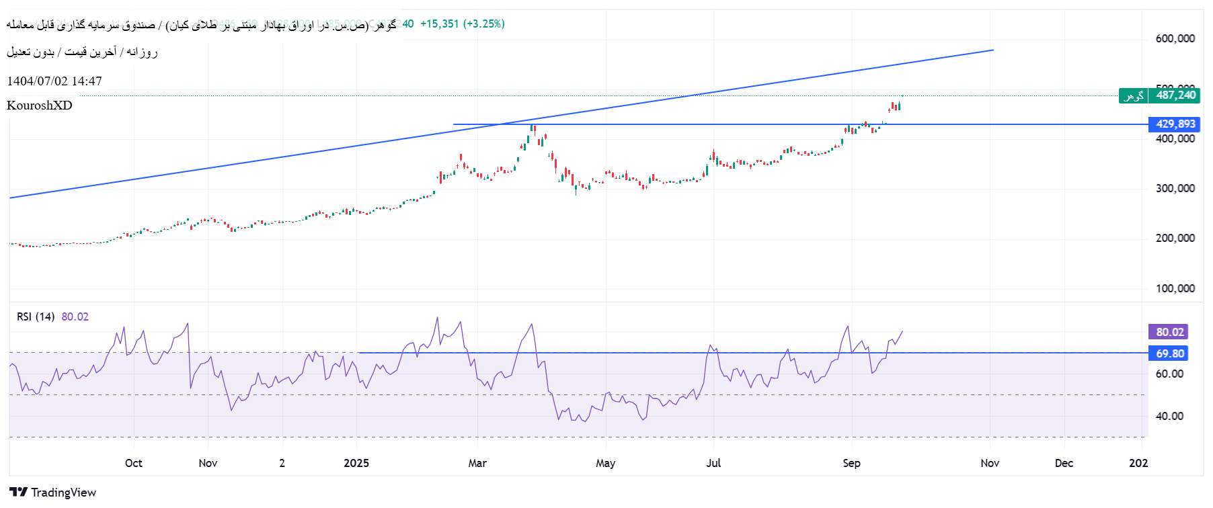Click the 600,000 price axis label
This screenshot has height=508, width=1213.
click(x=1175, y=38)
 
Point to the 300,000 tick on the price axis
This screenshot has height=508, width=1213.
click(x=1175, y=189)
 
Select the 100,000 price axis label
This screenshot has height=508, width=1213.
click(x=1175, y=289)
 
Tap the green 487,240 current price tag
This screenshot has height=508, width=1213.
click(x=1175, y=95)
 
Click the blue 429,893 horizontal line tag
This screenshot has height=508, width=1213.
click(x=1175, y=124)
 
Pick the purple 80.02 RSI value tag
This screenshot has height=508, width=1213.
click(x=1169, y=332)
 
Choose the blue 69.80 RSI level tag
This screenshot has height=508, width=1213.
click(x=1169, y=353)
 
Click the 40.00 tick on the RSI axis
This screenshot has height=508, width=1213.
click(x=1169, y=417)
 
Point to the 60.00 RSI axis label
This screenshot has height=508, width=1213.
click(x=1169, y=374)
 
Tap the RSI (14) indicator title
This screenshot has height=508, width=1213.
click(x=36, y=317)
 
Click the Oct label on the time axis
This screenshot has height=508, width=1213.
click(x=133, y=463)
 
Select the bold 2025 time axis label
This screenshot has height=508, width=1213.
click(x=356, y=463)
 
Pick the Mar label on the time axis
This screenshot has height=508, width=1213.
click(x=477, y=463)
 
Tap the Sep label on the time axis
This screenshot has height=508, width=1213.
click(x=851, y=463)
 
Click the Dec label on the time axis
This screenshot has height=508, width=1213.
click(x=1064, y=463)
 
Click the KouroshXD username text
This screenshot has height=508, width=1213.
click(x=39, y=105)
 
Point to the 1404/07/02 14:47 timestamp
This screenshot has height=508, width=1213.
click(x=54, y=81)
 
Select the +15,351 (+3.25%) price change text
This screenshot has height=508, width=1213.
click(x=462, y=24)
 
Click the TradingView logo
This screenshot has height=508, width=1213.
click(x=53, y=493)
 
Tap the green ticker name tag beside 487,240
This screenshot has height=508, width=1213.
click(x=1133, y=96)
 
